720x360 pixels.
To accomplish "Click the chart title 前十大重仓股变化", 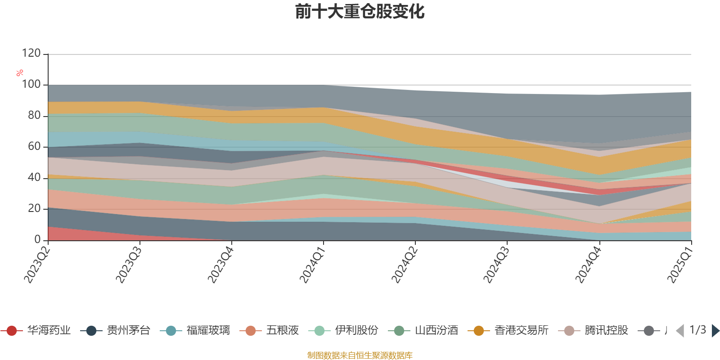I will click(x=360, y=12).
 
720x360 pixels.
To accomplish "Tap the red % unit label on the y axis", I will click(x=20, y=73).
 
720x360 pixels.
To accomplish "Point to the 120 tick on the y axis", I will click(x=31, y=54).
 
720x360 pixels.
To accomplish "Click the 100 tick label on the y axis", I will click(x=31, y=85).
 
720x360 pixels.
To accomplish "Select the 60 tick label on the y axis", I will click(x=34, y=146).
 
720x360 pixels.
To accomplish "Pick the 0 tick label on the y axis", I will click(x=38, y=239).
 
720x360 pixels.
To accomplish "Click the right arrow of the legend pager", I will click(x=715, y=331).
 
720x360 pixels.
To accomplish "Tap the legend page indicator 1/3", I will click(x=697, y=330).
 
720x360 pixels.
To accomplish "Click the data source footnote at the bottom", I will click(x=360, y=355).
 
